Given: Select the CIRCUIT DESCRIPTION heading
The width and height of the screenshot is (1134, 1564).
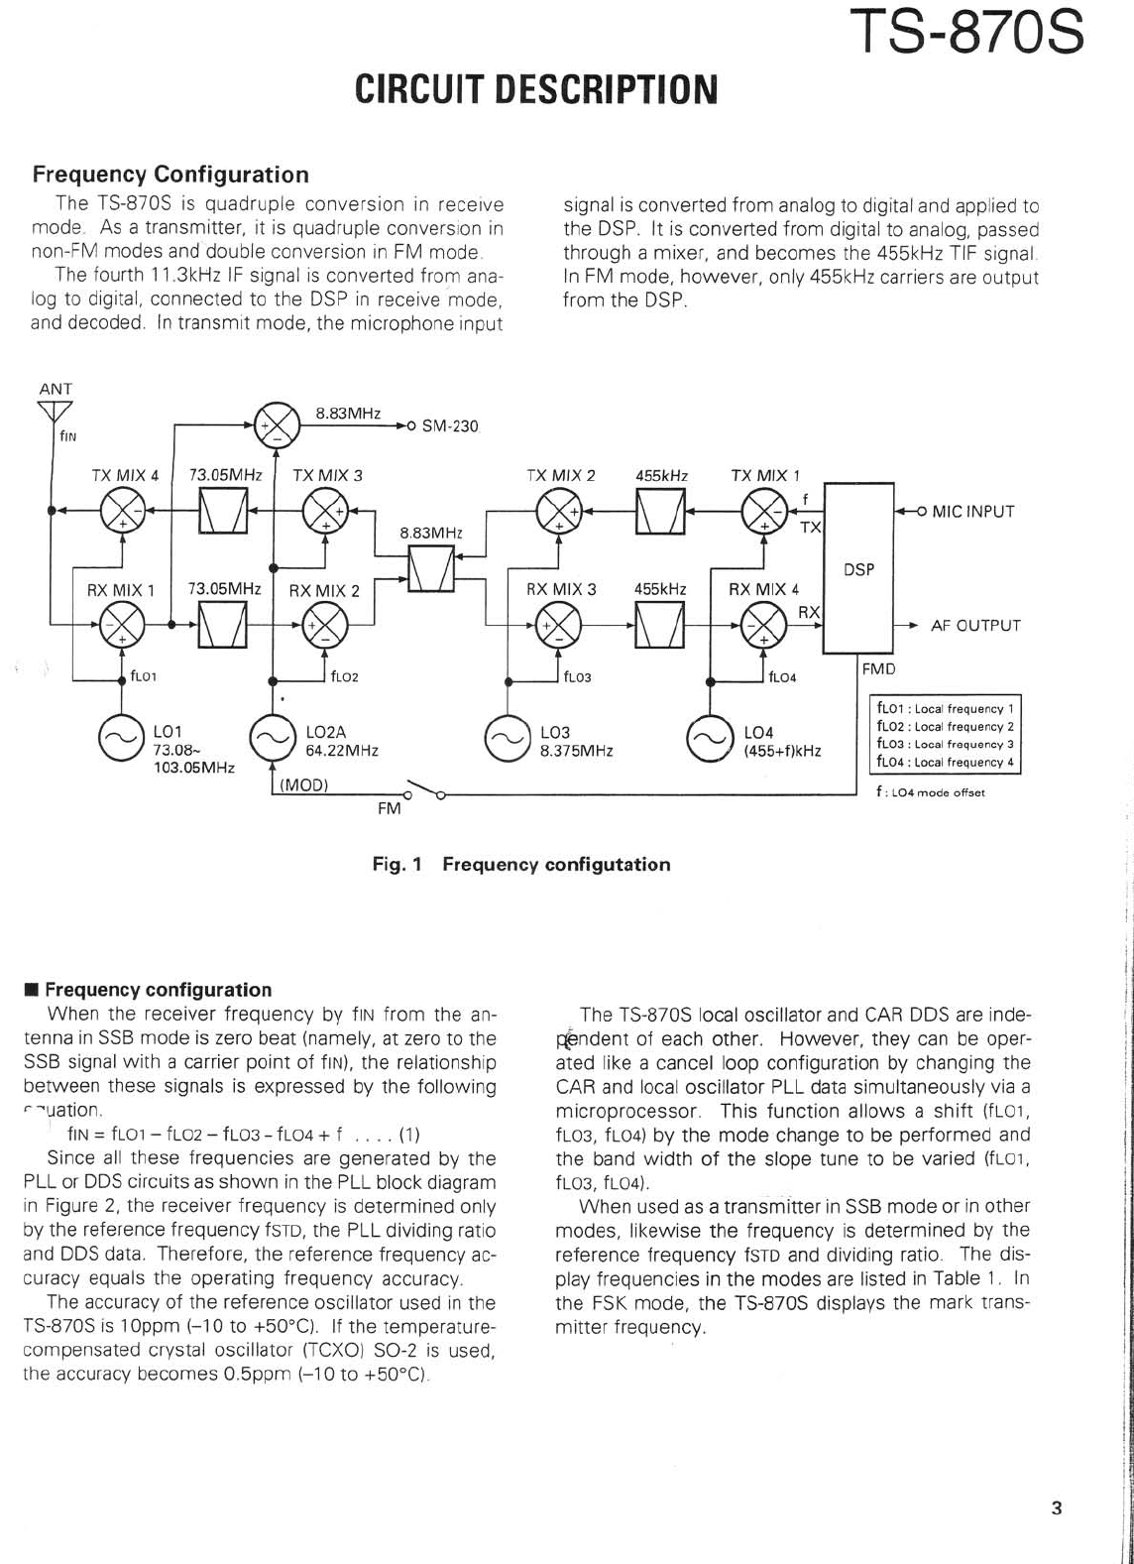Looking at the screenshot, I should click(x=535, y=89).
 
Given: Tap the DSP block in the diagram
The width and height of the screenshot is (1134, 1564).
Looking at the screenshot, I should click(x=858, y=569).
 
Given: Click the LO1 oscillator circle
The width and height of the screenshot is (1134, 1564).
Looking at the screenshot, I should click(x=120, y=739).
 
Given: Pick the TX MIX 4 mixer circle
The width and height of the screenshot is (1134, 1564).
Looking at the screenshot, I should click(x=122, y=512).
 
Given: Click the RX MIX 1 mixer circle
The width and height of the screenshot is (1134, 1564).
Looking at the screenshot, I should click(x=122, y=626).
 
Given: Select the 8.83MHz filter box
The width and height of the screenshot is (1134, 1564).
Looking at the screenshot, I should click(x=431, y=569).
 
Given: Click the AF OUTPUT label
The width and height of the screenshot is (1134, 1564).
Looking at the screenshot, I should click(x=975, y=626).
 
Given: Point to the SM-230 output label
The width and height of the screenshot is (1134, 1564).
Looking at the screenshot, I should click(x=450, y=426).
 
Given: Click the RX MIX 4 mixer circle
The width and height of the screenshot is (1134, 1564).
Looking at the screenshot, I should click(x=763, y=626).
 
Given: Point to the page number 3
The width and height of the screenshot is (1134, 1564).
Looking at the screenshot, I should click(x=1056, y=1508).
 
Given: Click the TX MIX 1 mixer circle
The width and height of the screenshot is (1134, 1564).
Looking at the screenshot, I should click(x=763, y=512).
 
